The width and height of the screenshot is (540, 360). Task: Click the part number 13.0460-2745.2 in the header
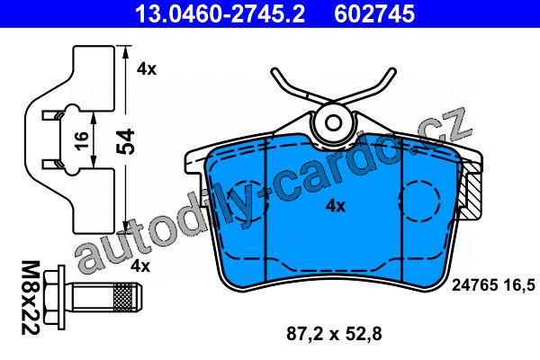click(x=220, y=13)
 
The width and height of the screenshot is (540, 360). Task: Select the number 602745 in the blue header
click(x=374, y=13)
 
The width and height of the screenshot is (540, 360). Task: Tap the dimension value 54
click(x=125, y=141)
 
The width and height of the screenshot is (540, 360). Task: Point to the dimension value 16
click(x=82, y=140)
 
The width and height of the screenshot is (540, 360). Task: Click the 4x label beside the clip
click(x=147, y=69)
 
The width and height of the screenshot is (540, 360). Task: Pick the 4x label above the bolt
click(x=140, y=266)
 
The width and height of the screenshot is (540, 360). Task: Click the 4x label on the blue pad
click(x=336, y=206)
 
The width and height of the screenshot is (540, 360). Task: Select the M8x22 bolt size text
click(x=31, y=298)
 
